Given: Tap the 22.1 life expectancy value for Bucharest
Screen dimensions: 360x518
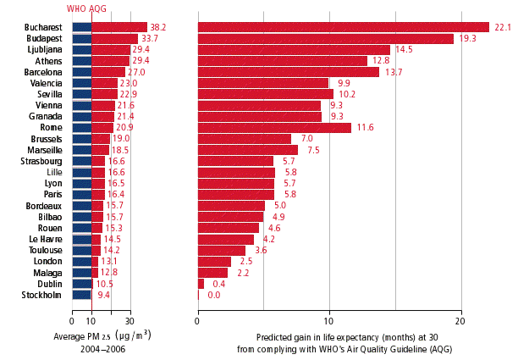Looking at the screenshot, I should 504,28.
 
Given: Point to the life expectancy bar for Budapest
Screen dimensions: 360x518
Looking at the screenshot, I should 326,39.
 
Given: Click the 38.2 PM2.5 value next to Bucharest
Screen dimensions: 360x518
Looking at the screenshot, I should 157,28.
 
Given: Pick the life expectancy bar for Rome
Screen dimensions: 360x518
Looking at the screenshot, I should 274,128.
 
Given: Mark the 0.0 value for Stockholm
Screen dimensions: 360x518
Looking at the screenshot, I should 213,295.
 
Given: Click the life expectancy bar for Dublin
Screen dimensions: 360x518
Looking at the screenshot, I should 201,284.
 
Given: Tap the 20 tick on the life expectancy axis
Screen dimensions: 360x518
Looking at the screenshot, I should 460,322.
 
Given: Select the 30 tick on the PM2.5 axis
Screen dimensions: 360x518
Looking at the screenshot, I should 129,322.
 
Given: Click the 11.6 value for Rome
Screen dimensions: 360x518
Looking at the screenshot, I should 366,128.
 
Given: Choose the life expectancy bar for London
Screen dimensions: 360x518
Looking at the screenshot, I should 214,262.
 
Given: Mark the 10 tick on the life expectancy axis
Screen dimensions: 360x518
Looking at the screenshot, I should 329,322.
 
